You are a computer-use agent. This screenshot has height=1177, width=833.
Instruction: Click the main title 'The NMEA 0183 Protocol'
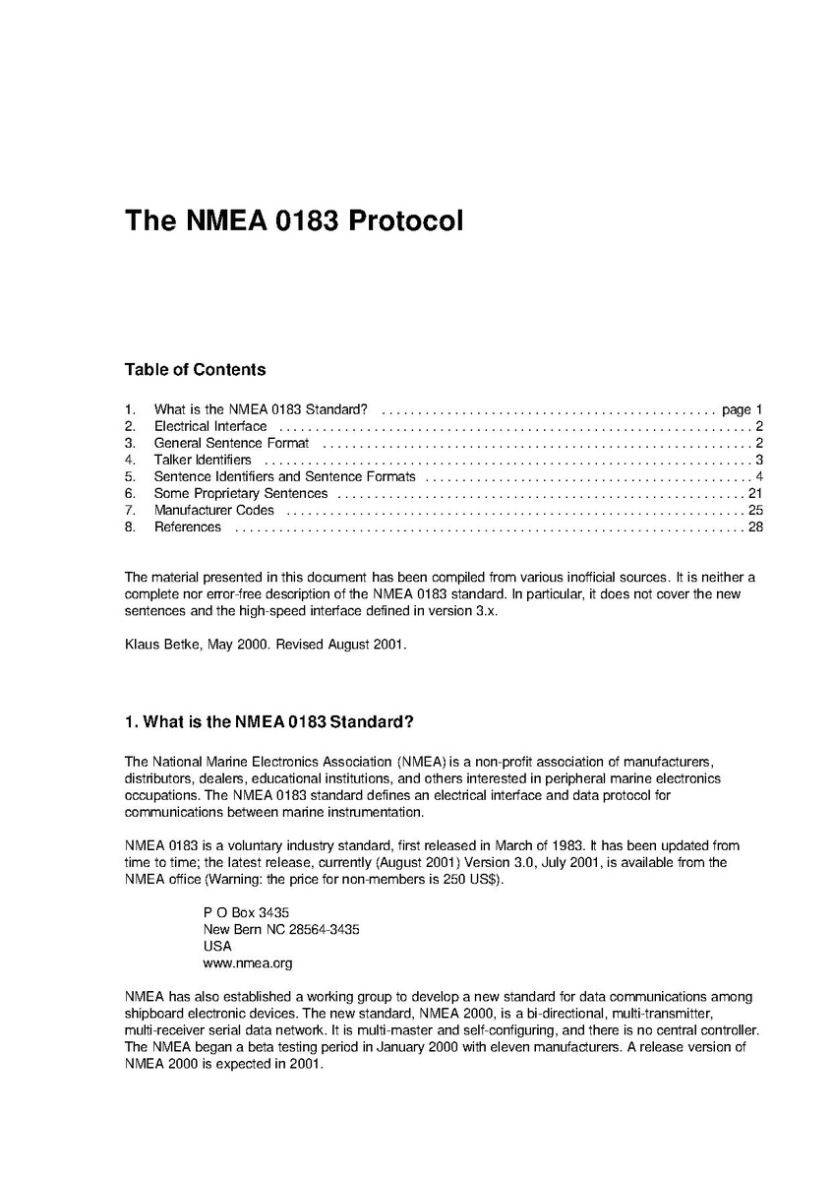[293, 219]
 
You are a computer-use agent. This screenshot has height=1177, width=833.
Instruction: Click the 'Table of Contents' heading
[195, 370]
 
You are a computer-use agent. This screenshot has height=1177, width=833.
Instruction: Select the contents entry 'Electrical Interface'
[209, 426]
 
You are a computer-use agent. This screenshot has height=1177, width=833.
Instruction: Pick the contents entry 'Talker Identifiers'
[203, 460]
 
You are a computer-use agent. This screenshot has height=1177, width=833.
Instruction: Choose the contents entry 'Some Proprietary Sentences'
[241, 493]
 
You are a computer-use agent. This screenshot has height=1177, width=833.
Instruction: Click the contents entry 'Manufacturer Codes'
[214, 510]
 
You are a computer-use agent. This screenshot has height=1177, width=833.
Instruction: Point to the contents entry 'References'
[188, 527]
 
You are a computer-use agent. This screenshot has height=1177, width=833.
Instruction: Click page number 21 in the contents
[755, 493]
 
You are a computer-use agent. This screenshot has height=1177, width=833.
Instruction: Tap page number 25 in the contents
[755, 510]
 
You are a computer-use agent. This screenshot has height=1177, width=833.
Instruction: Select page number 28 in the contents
[755, 527]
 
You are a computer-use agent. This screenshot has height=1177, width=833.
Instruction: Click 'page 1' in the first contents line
[743, 409]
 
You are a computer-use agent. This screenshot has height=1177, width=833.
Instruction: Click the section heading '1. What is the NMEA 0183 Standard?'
[269, 722]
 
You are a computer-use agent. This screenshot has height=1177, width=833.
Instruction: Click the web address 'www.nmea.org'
[247, 963]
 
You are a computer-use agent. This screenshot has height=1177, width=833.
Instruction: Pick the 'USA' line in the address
[217, 946]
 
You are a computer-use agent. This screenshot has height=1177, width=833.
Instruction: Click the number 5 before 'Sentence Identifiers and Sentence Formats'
[129, 476]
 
